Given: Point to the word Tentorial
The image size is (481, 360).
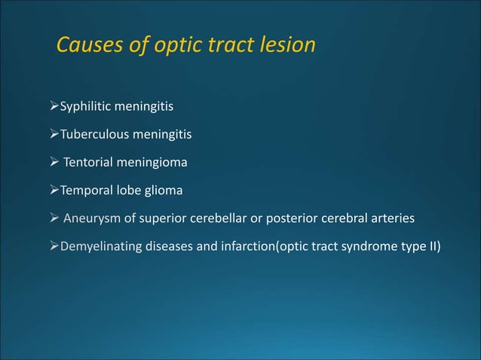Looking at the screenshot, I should click(x=90, y=163).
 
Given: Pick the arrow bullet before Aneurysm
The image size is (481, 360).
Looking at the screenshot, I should click(x=54, y=219).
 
